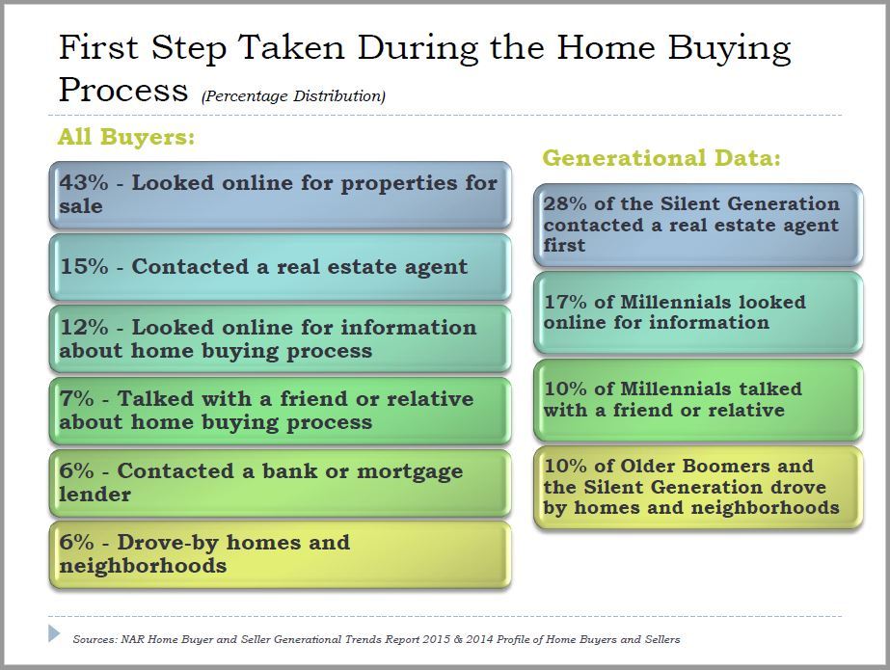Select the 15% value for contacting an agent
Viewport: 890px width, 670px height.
point(84,266)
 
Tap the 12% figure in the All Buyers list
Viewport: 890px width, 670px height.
point(84,328)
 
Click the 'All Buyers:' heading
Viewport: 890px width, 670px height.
point(126,137)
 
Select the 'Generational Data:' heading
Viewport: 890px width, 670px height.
point(661,158)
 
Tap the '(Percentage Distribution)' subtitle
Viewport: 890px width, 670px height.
point(293,95)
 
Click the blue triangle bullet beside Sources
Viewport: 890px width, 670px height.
point(54,633)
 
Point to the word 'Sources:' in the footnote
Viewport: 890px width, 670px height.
point(95,638)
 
